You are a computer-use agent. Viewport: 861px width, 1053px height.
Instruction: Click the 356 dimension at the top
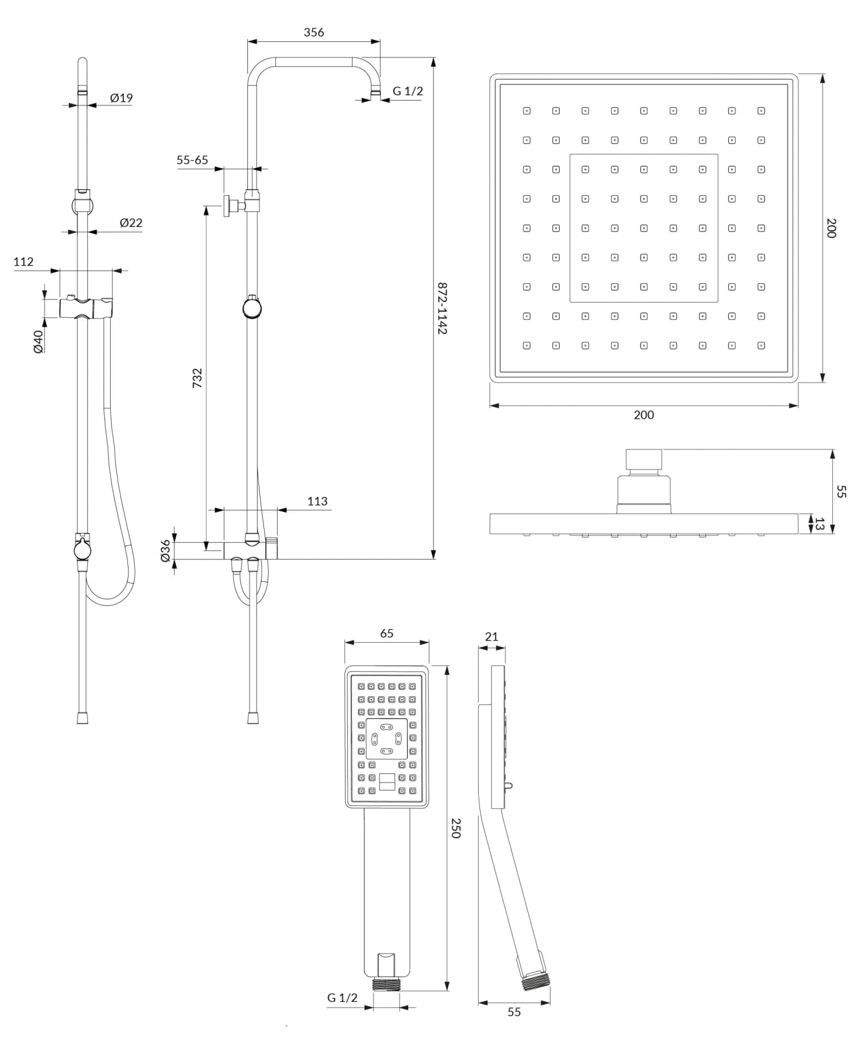[x=313, y=33]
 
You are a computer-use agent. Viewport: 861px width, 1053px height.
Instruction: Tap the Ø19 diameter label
[x=121, y=98]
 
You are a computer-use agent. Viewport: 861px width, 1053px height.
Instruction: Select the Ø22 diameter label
[x=131, y=223]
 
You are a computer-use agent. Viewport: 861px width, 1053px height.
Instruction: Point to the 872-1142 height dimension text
[x=441, y=308]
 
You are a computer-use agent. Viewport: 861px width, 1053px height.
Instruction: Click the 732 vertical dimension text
[x=197, y=378]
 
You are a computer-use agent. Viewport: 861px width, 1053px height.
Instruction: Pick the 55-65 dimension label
[x=192, y=160]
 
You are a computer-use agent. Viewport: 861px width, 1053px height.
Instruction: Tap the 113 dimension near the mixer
[x=317, y=502]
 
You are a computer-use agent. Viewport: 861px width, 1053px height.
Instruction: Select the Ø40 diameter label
[x=38, y=341]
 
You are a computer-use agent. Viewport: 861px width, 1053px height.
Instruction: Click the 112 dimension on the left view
[x=24, y=262]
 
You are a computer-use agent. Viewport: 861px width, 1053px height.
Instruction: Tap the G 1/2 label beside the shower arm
[x=408, y=91]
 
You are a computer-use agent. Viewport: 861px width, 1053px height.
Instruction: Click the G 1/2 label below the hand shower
[x=342, y=998]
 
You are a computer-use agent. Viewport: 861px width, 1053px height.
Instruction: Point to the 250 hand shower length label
[x=456, y=828]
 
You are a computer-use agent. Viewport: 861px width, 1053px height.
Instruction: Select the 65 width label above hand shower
[x=387, y=633]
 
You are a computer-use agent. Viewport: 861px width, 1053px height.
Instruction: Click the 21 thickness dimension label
[x=491, y=637]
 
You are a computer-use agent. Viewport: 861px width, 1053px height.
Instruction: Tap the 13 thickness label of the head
[x=819, y=524]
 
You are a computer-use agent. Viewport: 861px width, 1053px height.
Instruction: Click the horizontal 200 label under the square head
[x=643, y=415]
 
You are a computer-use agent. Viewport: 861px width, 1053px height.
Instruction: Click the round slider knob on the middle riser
[x=252, y=308]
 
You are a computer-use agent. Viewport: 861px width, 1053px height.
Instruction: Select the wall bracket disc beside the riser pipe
[x=228, y=205]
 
